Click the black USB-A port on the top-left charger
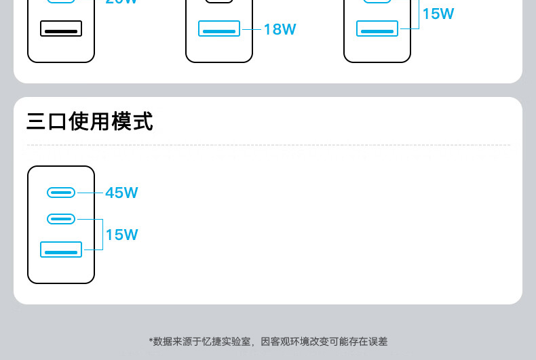point(61,28)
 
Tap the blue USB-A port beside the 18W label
point(218,29)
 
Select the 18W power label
point(280,29)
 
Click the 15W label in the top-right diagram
point(438,14)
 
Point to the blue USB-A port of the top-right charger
point(377,29)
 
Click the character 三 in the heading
point(37,122)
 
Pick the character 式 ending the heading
point(142,122)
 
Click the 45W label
point(121,193)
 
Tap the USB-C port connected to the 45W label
point(61,193)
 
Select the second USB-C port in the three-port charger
point(61,219)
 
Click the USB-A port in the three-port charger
point(61,249)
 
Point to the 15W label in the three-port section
point(121,235)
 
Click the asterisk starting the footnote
point(151,341)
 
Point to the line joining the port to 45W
point(90,193)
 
